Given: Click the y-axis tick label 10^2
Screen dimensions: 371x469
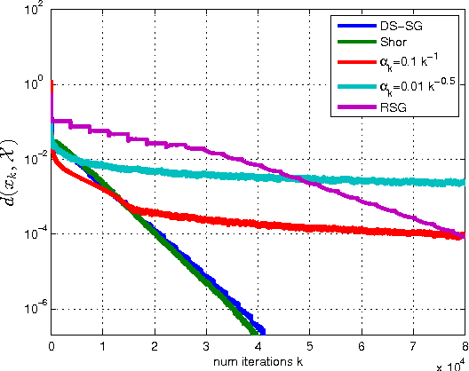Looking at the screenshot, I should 36,9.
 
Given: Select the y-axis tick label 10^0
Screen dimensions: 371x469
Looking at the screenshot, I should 36,84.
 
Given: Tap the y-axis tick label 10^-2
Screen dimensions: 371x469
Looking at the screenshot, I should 35,160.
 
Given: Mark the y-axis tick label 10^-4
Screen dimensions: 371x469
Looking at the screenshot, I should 35,234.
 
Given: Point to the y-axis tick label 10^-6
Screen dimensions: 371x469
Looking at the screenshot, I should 35,310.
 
